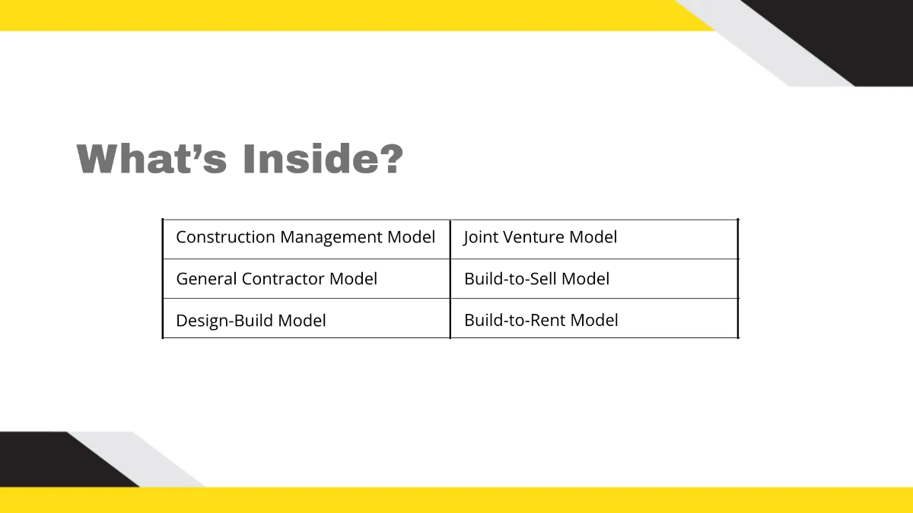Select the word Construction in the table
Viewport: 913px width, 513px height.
(225, 237)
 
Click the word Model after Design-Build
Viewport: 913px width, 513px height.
(302, 321)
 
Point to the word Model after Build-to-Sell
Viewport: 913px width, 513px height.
(586, 279)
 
